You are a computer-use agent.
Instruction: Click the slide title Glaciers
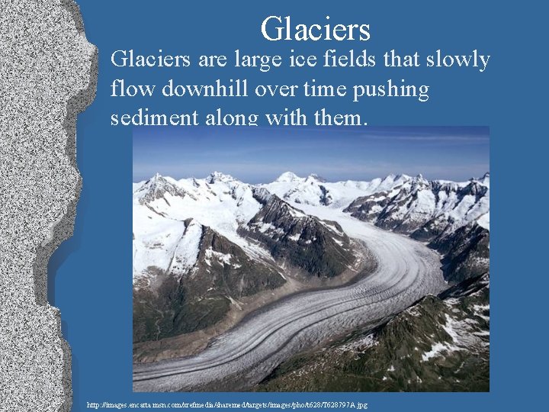[x=315, y=29]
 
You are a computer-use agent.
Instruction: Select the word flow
[x=130, y=89]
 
